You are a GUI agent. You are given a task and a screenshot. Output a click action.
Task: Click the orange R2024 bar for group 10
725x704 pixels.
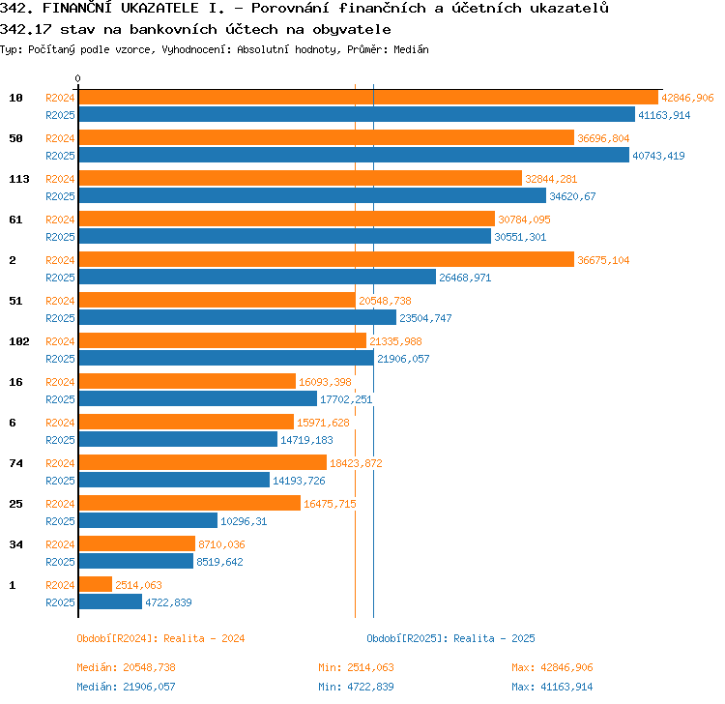click(368, 98)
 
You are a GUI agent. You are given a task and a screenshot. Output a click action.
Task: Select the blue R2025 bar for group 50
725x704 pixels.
click(354, 155)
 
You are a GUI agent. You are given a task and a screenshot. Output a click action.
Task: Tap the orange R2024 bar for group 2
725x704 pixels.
click(327, 259)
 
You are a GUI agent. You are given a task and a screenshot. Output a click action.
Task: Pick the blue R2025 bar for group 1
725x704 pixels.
click(110, 601)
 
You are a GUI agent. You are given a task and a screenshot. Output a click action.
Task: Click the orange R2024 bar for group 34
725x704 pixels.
click(137, 543)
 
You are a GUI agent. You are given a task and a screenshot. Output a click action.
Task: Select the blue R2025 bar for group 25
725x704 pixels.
click(148, 520)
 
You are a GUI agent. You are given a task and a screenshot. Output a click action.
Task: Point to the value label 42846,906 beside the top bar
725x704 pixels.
click(687, 98)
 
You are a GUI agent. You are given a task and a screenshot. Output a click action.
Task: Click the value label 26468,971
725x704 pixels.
click(465, 278)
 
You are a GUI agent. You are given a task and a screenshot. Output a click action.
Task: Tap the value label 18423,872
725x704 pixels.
click(356, 463)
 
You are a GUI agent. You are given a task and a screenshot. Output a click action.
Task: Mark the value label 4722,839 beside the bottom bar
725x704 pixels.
click(168, 602)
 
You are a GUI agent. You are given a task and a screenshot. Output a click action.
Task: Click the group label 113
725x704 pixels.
click(19, 179)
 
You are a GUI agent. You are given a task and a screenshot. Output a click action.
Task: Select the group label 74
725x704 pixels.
click(15, 463)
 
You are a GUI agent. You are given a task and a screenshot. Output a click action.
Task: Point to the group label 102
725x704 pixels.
click(19, 341)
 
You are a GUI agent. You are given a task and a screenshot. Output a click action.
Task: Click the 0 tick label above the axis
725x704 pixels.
click(77, 78)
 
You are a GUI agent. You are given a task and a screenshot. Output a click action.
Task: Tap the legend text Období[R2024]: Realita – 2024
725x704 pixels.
click(160, 638)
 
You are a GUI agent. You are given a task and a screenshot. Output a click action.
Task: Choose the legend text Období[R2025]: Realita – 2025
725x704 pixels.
click(450, 638)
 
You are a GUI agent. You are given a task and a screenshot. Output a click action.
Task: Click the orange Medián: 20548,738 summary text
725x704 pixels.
click(127, 667)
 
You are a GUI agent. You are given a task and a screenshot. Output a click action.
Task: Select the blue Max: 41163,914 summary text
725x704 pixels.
click(552, 687)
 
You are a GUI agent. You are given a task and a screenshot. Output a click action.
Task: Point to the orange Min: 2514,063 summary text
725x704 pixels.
click(356, 667)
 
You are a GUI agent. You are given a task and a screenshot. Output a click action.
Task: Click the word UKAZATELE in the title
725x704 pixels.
click(159, 8)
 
